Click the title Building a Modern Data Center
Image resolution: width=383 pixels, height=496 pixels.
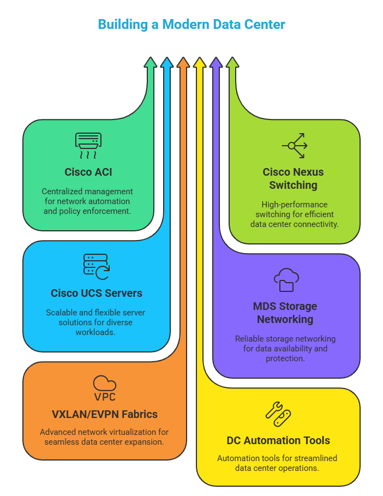tap(191, 25)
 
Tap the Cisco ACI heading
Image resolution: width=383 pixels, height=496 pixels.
tap(88, 172)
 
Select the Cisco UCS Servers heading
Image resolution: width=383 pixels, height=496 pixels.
tap(97, 293)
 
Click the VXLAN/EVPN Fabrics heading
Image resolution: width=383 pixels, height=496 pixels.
tap(105, 414)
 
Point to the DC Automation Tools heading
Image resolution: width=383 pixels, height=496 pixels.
tap(278, 440)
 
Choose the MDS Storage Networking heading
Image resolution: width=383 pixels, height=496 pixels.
tap(285, 313)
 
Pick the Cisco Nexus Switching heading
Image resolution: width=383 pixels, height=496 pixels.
tap(293, 178)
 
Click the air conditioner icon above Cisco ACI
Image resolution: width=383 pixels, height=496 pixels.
tap(88, 146)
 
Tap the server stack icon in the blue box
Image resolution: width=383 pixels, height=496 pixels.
tap(97, 267)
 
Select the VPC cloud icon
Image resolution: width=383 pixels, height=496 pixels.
tap(105, 388)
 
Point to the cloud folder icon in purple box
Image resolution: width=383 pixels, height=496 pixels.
tap(286, 279)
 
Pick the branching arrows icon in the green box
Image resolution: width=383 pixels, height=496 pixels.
tap(295, 146)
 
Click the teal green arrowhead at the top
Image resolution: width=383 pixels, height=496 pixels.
tap(151, 62)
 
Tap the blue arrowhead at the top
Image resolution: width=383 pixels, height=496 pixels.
tap(167, 62)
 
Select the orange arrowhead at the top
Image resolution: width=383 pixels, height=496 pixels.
tap(183, 62)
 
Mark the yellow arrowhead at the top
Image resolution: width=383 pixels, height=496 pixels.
tap(200, 62)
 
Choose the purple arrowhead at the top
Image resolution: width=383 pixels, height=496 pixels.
tap(216, 62)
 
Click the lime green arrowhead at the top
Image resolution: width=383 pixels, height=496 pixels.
tap(232, 62)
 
